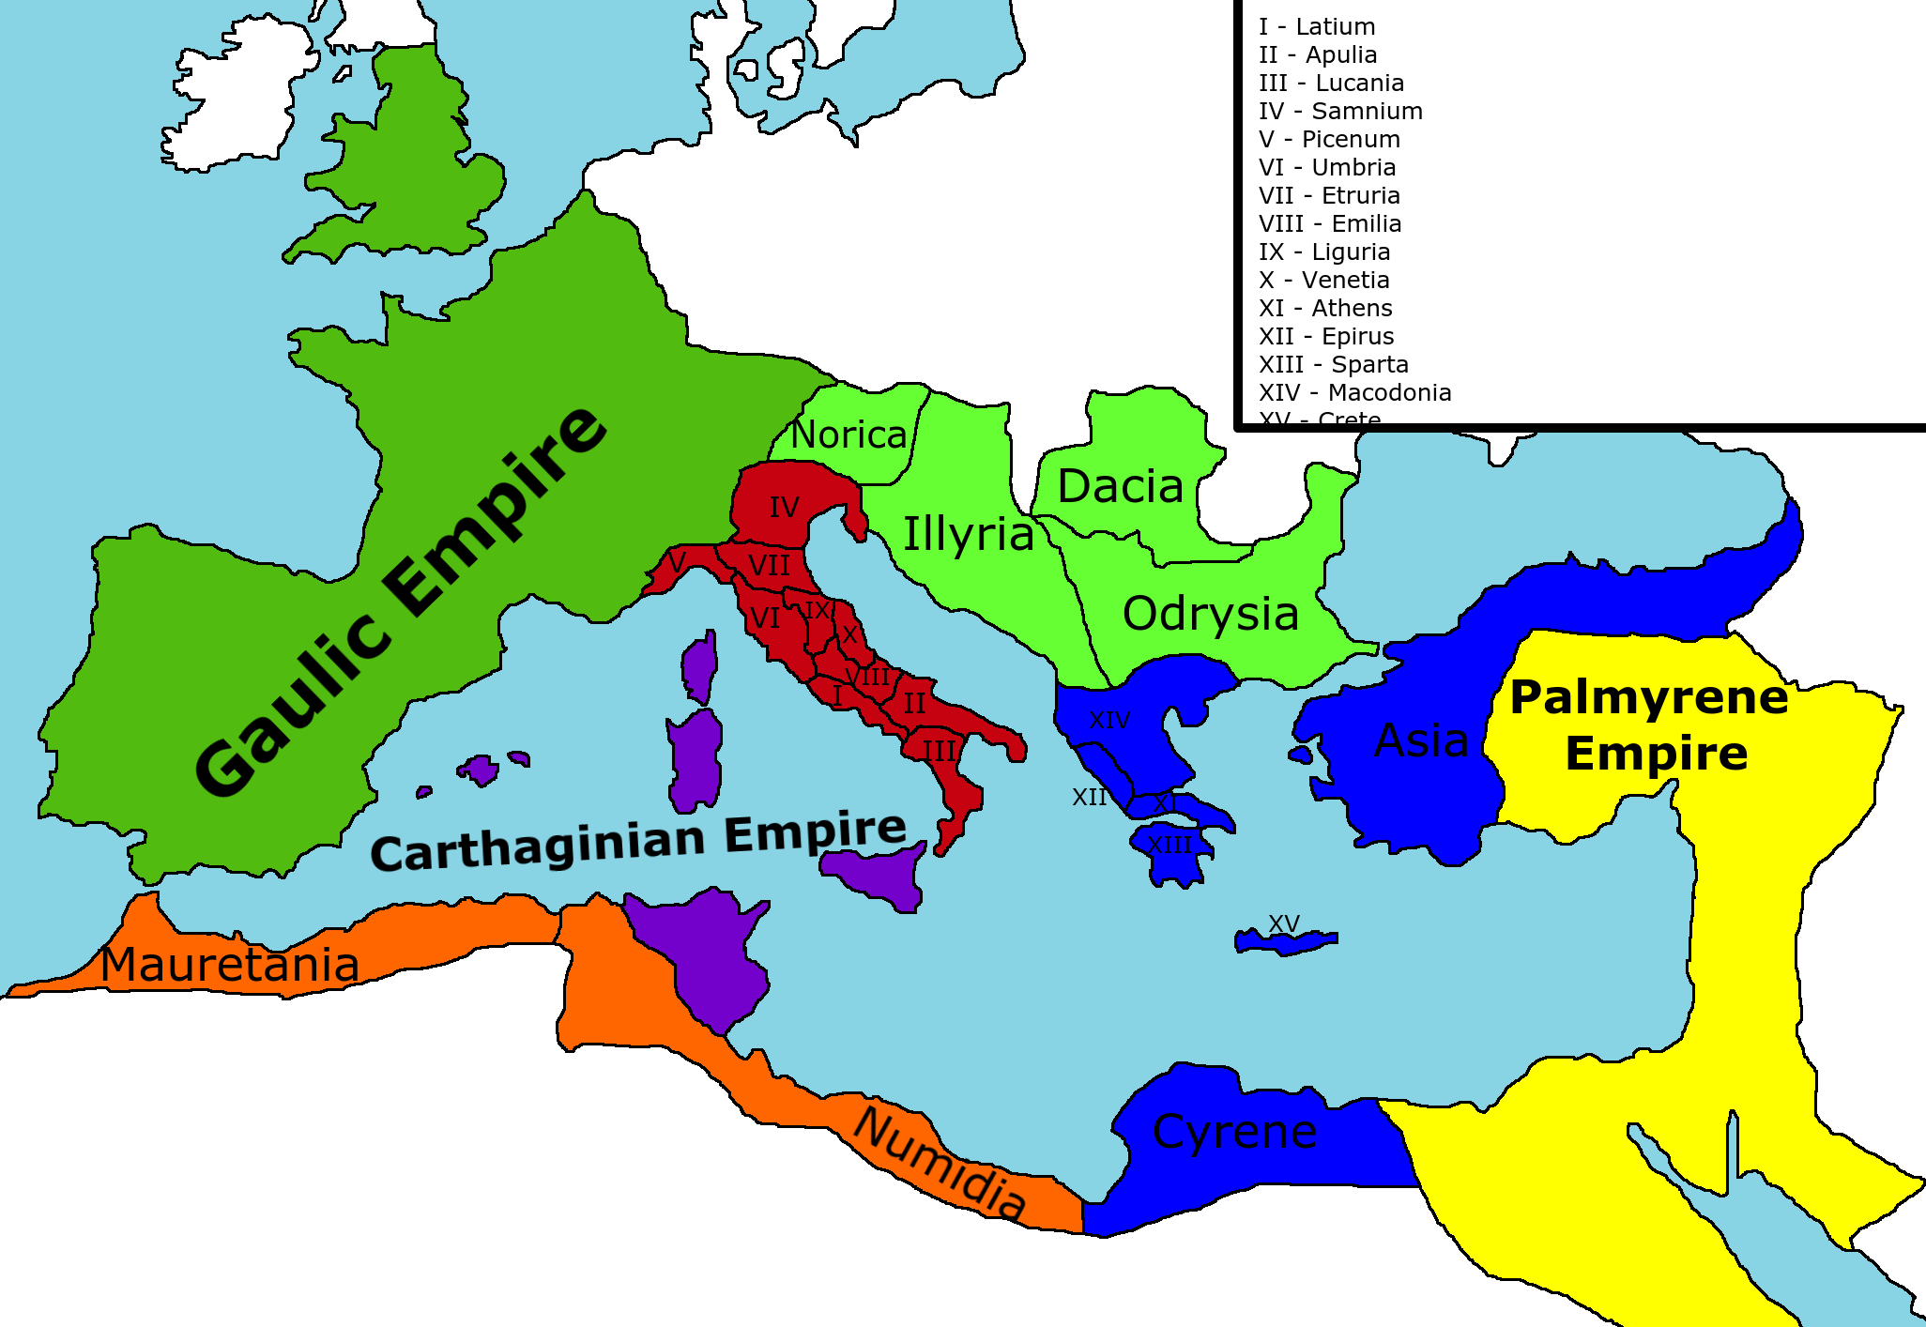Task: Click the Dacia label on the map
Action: point(1120,486)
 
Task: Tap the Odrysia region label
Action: point(1211,614)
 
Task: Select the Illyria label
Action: point(968,534)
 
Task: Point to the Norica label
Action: point(848,435)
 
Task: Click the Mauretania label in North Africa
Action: point(230,964)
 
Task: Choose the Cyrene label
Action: point(1234,1132)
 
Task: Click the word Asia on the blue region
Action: point(1421,740)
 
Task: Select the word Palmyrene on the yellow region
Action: point(1649,697)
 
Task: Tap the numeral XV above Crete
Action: point(1284,923)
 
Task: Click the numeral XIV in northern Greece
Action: point(1109,720)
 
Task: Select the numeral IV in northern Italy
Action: point(785,508)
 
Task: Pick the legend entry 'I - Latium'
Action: point(1317,27)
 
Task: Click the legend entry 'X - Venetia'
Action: point(1323,281)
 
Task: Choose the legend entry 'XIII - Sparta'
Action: point(1333,365)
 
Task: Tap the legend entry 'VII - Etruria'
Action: point(1329,196)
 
